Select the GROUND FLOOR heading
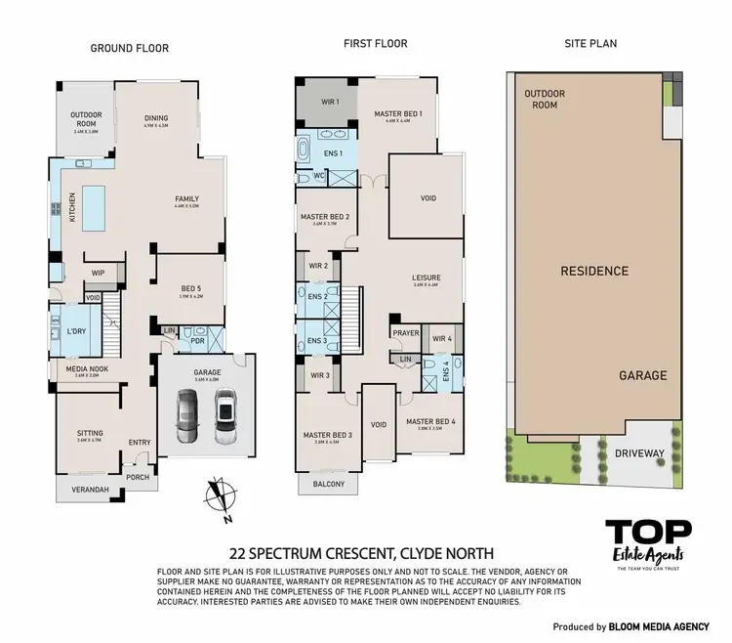coord(130,48)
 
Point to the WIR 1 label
coord(331,102)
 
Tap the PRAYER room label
coord(406,333)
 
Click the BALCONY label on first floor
coord(329,484)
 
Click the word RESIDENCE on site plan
coord(593,271)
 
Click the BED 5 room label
coord(192,288)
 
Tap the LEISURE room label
coord(427,279)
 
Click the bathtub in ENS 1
coord(303,153)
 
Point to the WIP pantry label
coord(98,273)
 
